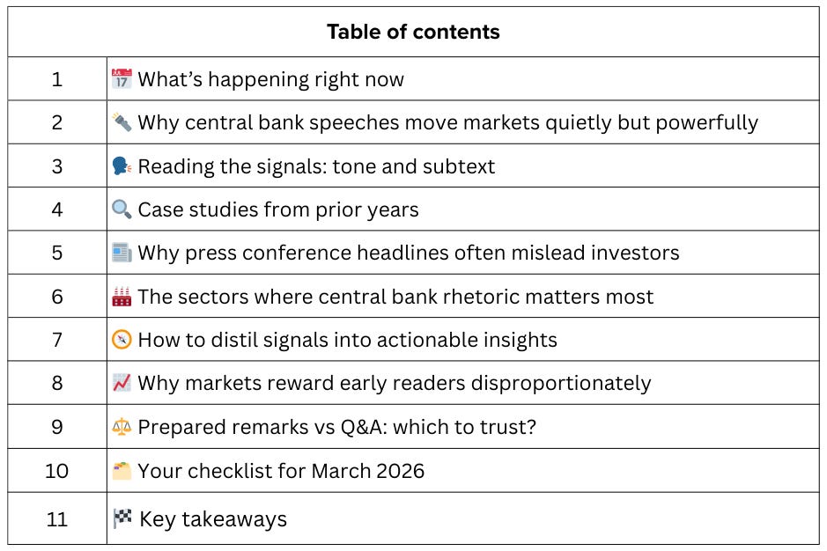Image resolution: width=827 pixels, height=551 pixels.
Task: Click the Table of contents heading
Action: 413,33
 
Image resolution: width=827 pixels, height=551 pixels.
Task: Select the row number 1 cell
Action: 57,79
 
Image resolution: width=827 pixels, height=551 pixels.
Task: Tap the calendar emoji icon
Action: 122,79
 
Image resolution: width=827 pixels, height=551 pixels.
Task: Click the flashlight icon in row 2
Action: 122,122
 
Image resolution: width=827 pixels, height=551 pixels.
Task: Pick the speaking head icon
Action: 122,166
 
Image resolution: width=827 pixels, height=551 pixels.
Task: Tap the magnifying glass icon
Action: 122,209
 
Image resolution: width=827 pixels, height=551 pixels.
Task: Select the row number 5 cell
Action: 57,253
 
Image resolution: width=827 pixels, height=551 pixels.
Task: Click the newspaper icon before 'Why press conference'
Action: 122,253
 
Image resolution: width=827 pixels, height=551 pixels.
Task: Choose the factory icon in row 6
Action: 122,297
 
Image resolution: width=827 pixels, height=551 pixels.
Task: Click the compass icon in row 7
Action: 122,340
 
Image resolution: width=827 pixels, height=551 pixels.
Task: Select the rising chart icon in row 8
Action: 122,383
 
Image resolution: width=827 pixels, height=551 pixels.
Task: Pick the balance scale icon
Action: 122,427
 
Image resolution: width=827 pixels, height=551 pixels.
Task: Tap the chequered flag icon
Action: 122,518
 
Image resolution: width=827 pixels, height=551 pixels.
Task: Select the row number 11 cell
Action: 57,518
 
